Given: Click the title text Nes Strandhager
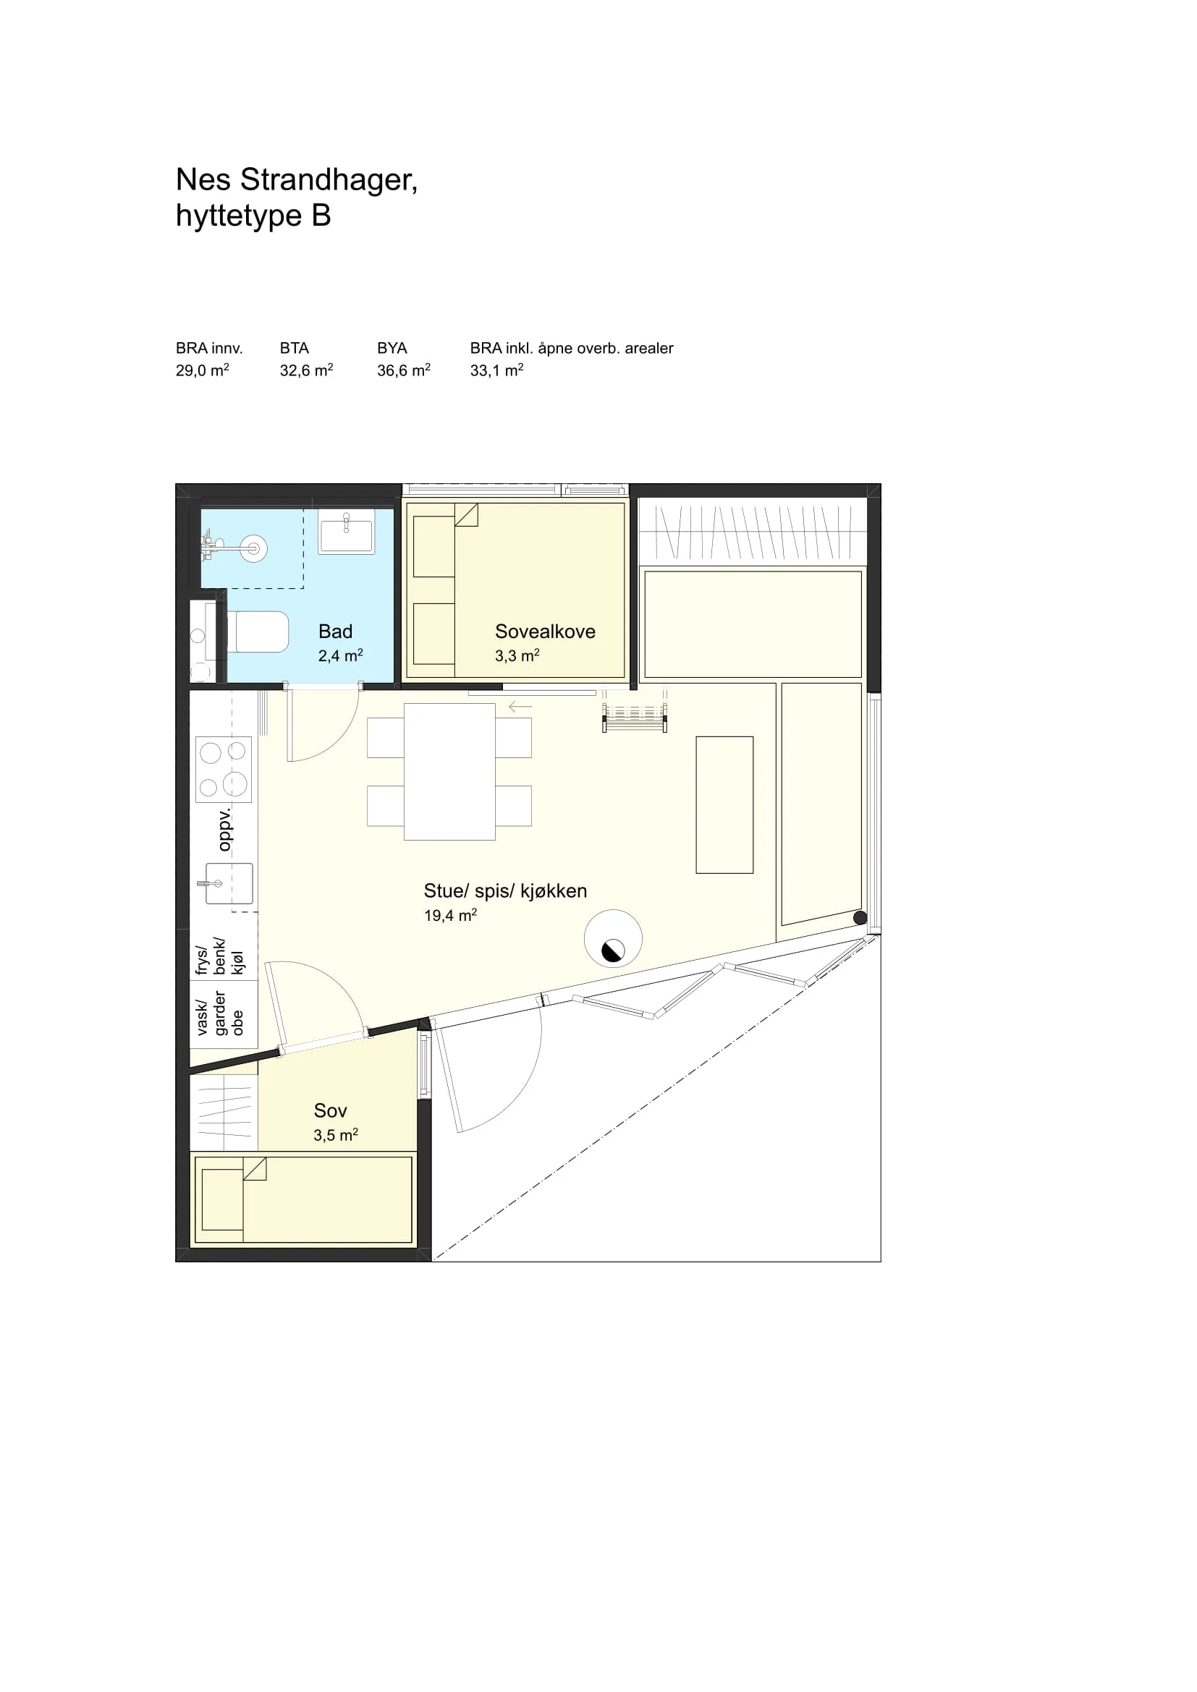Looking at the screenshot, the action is tap(296, 181).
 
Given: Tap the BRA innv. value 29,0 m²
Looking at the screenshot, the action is tap(202, 370).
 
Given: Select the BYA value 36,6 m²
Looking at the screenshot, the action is tap(403, 370).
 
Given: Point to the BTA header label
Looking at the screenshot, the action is tap(294, 348).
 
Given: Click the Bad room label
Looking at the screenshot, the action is tap(335, 632).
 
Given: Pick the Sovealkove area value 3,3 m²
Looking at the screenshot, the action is tap(517, 655).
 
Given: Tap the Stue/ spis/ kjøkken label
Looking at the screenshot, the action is tap(505, 891).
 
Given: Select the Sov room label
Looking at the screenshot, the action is tap(330, 1110).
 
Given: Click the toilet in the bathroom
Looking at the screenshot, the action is tap(257, 632).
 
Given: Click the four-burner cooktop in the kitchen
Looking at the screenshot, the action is tap(224, 770).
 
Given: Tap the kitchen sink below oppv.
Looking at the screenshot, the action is tap(229, 883).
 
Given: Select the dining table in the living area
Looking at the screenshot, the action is tap(449, 772).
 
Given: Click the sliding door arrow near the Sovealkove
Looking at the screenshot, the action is tap(520, 707).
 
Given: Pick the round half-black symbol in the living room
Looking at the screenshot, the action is tap(613, 938).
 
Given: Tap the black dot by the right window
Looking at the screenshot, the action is tap(860, 918).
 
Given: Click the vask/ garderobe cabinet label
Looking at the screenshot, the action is tap(219, 1013).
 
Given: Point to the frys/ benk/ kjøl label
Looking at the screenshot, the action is tap(219, 956).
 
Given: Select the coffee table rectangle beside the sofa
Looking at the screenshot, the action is tap(724, 804).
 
